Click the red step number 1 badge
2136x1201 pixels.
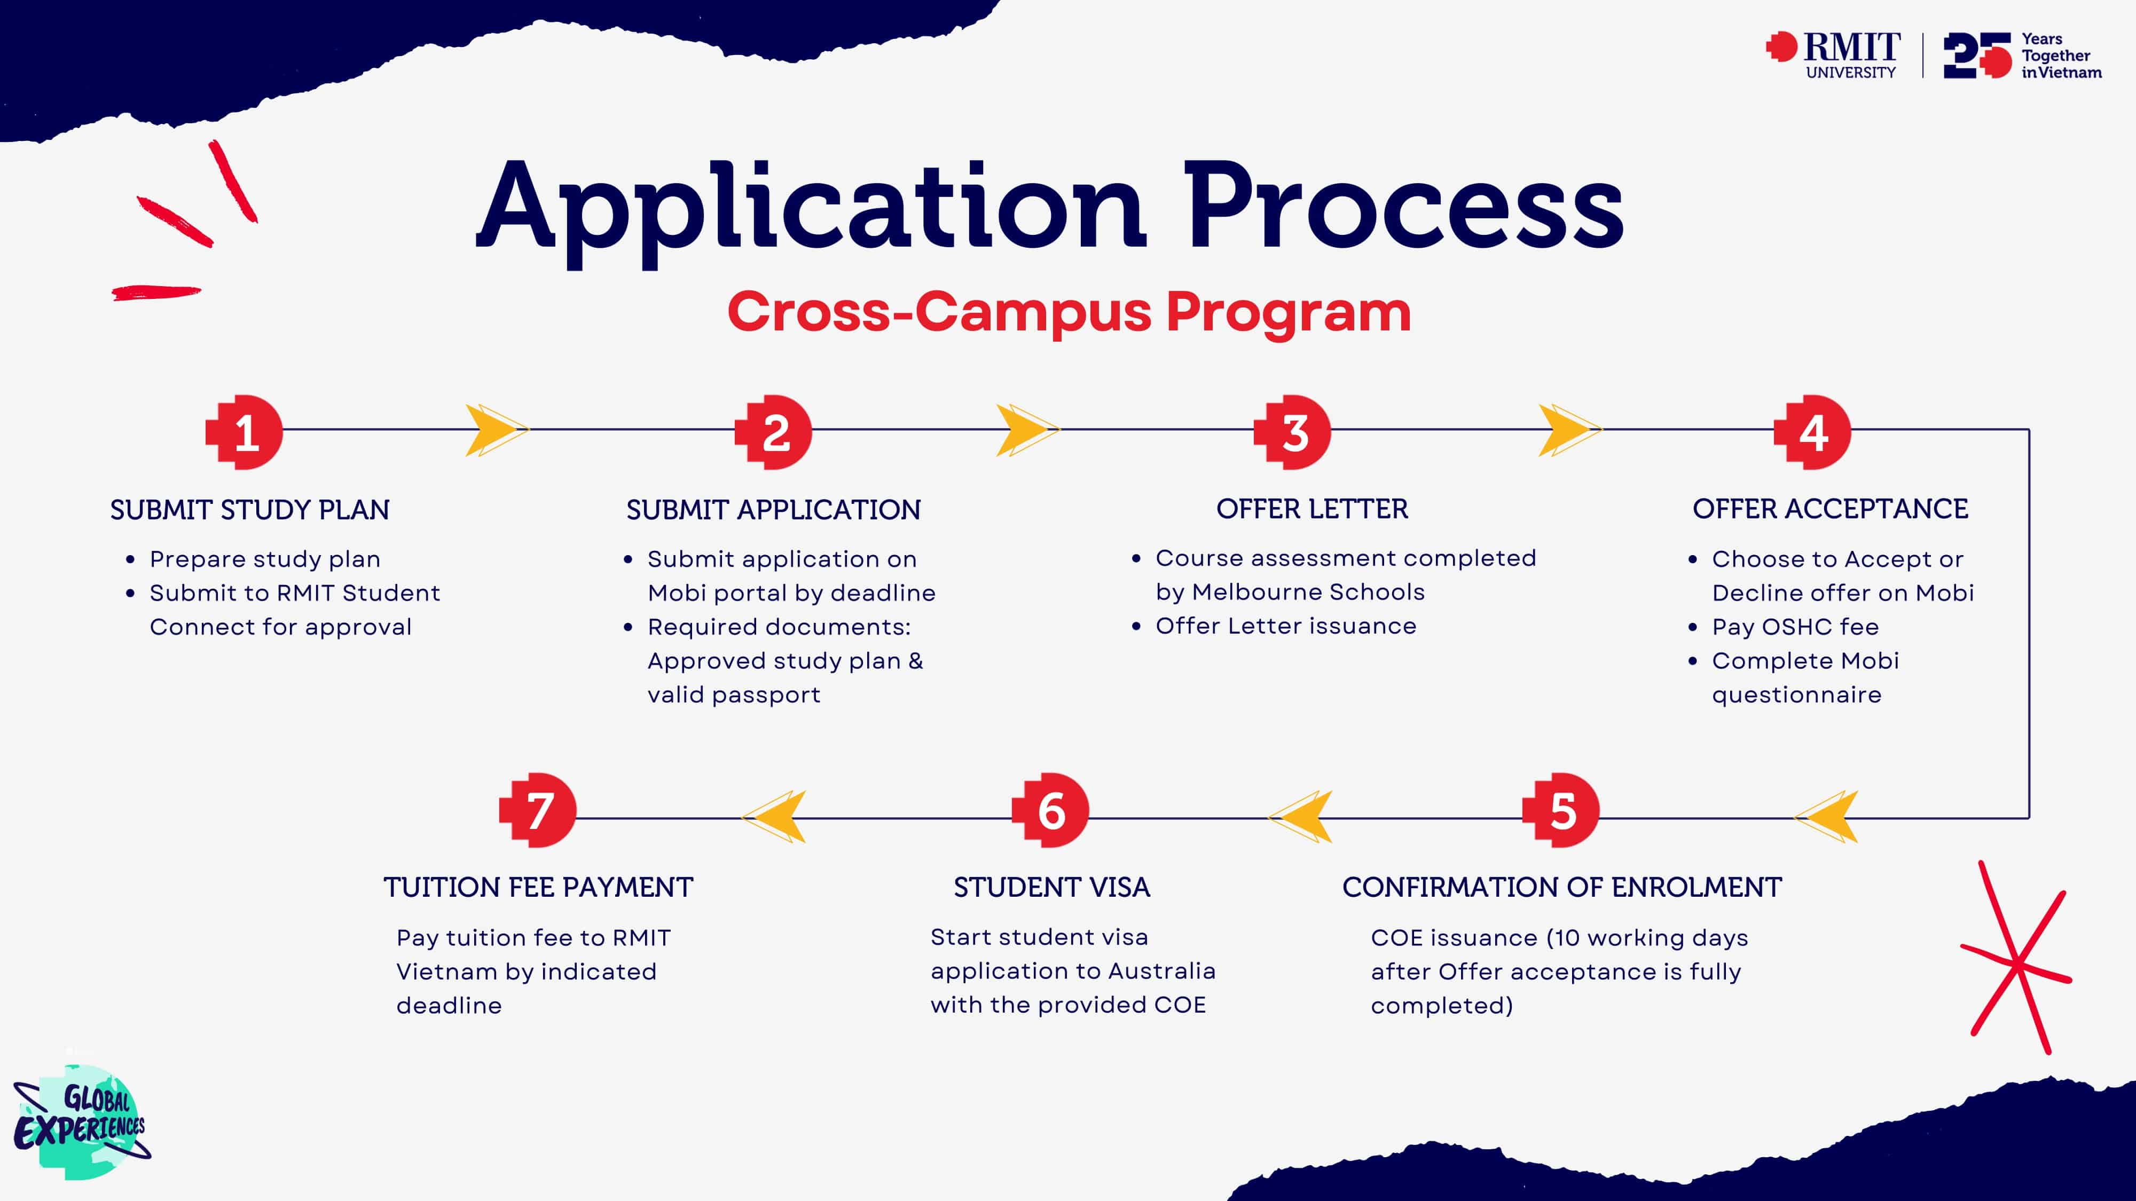click(245, 432)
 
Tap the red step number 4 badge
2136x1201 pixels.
click(1812, 432)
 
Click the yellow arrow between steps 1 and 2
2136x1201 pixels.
click(496, 430)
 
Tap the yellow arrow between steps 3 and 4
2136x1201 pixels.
click(1569, 430)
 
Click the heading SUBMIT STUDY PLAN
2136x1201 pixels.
click(249, 510)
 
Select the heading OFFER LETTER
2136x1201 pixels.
click(1312, 509)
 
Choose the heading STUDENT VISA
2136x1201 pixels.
click(1051, 888)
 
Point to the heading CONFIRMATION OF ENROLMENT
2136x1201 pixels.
click(1561, 888)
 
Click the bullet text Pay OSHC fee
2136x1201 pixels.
click(1795, 627)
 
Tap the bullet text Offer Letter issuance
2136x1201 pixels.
click(1286, 626)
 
